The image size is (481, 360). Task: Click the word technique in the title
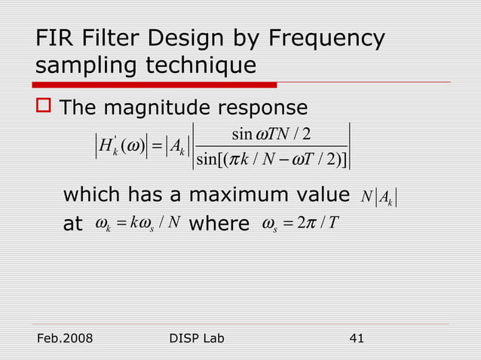(200, 66)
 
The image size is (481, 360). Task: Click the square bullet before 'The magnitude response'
(44, 108)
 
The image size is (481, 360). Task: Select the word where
(219, 224)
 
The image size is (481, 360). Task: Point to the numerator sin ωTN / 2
(277, 135)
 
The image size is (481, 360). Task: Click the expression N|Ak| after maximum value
(378, 197)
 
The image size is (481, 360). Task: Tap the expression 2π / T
(321, 225)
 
